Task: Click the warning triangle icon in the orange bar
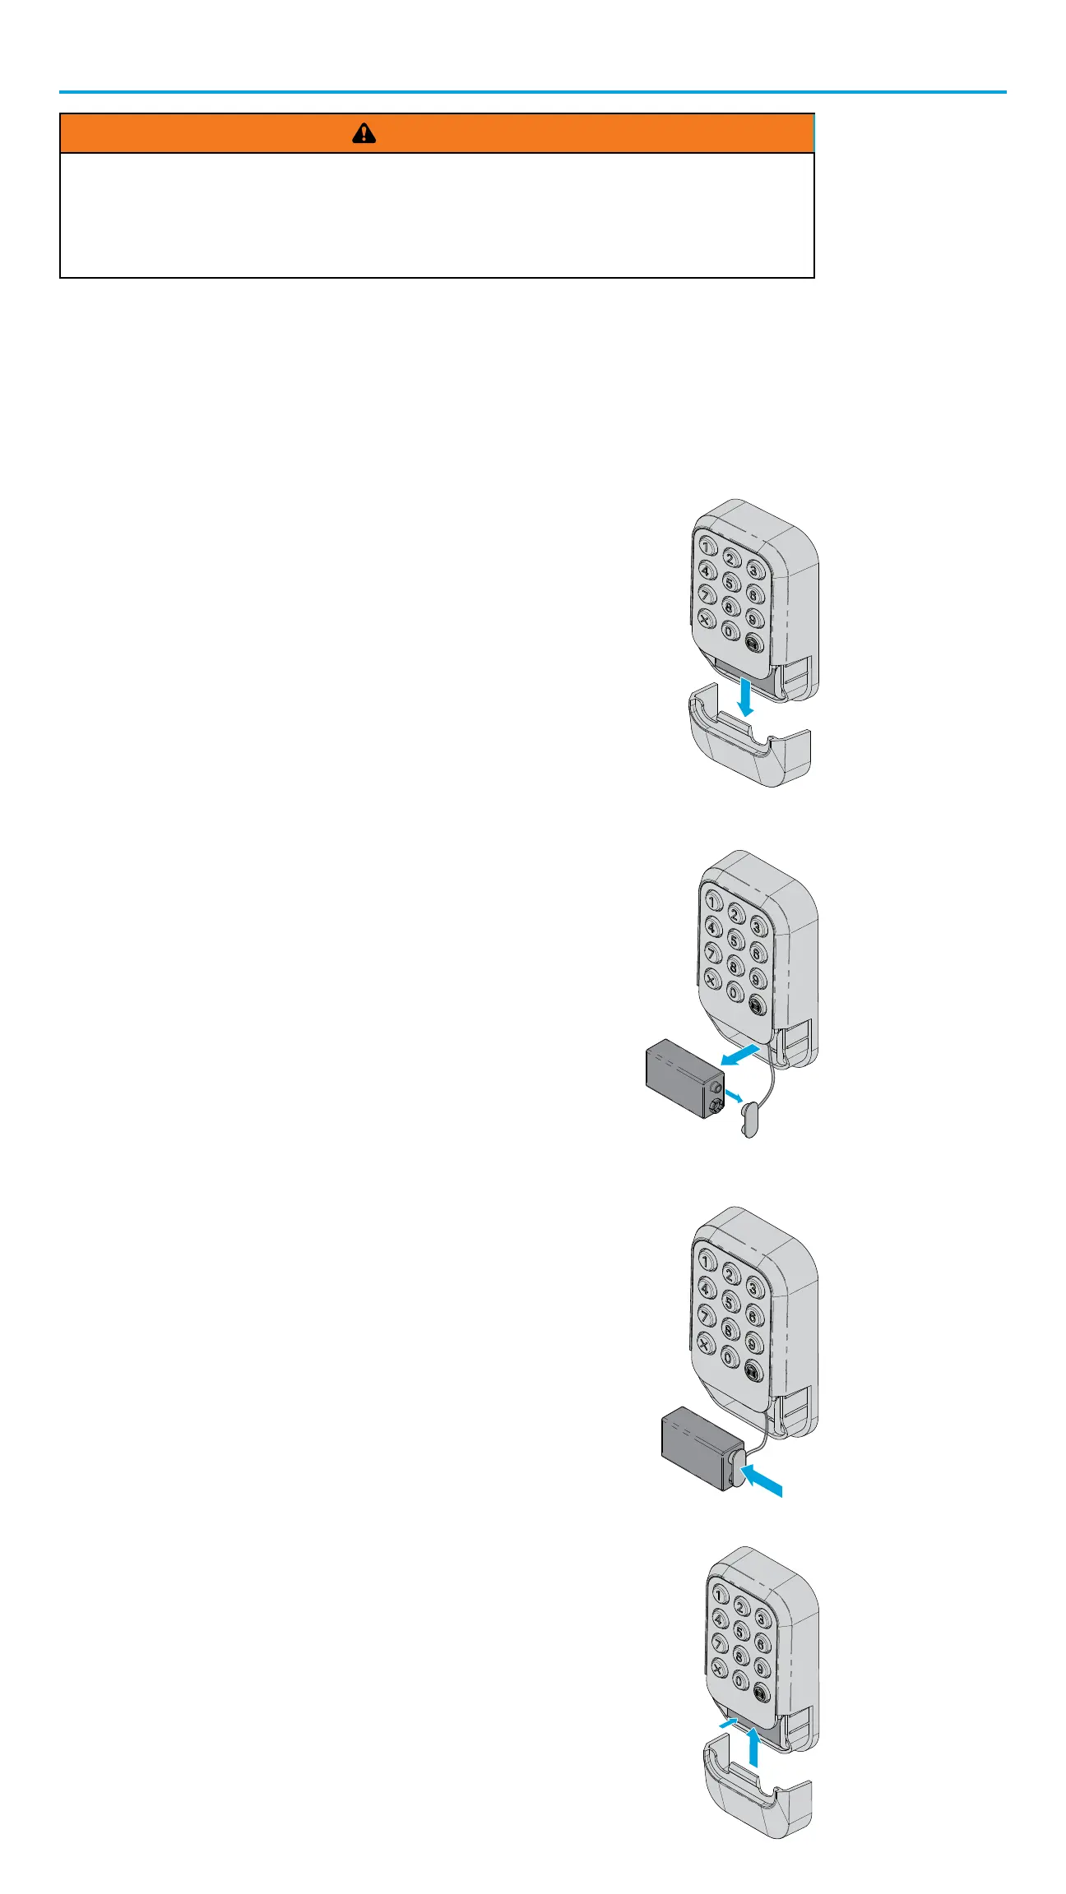364,133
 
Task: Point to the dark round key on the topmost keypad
754,644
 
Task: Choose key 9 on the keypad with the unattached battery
758,978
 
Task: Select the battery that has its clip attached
698,1448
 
